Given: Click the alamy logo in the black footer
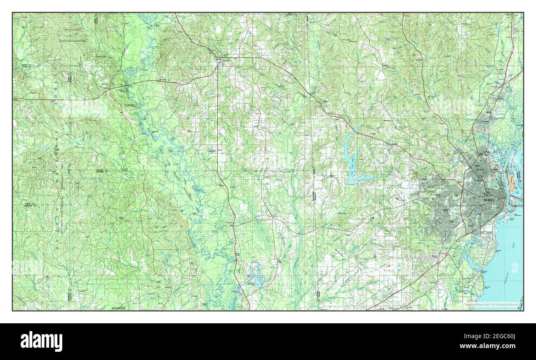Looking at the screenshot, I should click(42, 341).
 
